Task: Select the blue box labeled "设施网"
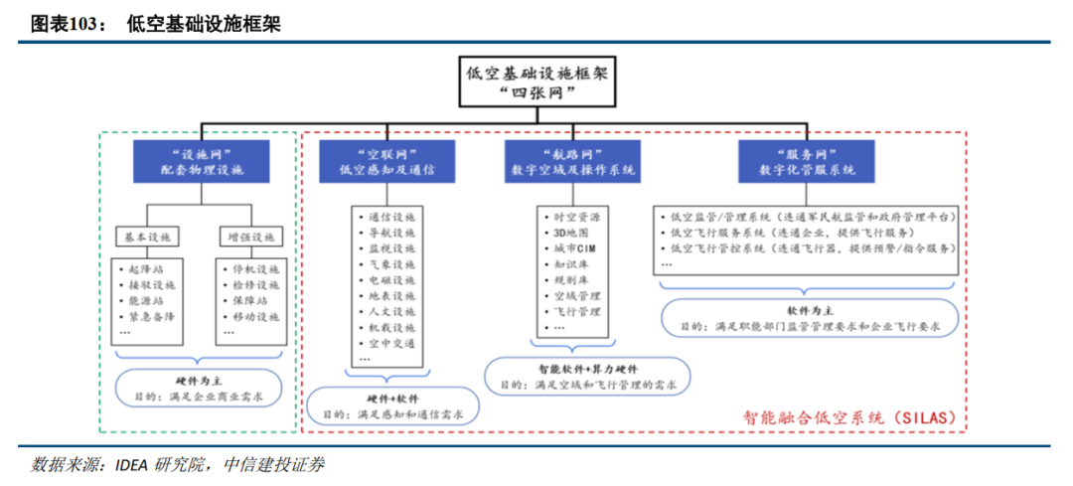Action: pos(201,160)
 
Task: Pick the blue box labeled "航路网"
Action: pos(572,160)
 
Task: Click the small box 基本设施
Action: pos(147,238)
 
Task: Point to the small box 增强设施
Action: pos(249,238)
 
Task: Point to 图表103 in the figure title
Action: pos(66,24)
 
